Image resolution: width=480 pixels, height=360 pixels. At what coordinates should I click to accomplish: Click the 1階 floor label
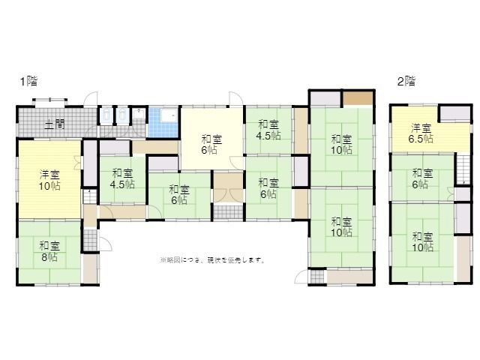(29, 82)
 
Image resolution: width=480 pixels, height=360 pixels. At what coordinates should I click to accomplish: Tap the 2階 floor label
(406, 82)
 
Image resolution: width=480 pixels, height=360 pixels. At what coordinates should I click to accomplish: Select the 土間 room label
(55, 124)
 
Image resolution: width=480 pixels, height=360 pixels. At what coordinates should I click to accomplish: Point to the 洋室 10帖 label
(49, 180)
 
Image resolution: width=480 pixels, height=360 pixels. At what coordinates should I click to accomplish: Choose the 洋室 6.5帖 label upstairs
(421, 133)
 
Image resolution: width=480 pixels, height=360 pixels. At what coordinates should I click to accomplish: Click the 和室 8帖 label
(49, 251)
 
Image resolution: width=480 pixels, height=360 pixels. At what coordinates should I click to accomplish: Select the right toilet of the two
(123, 115)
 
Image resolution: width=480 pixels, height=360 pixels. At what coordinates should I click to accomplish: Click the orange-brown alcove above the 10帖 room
(357, 98)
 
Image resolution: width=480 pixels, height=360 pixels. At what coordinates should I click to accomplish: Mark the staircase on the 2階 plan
(463, 169)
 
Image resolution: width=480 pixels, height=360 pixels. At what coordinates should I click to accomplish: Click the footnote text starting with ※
(212, 260)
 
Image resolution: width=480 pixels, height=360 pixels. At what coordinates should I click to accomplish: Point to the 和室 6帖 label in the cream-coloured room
(211, 145)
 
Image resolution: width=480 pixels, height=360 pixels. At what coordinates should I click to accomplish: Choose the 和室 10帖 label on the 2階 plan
(423, 241)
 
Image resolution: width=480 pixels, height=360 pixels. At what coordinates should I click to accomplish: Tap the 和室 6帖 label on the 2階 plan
(423, 178)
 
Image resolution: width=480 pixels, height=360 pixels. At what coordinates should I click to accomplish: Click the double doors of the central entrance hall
(228, 196)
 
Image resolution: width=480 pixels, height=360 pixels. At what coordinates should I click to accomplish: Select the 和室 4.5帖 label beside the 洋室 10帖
(122, 178)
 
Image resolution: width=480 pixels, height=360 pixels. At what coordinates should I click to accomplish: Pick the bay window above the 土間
(50, 102)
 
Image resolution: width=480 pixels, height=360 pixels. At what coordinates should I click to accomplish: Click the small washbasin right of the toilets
(139, 113)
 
